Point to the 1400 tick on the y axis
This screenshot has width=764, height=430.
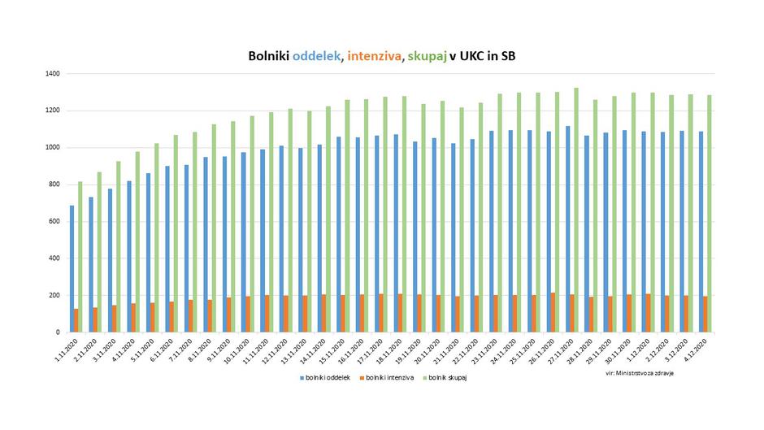(x=52, y=74)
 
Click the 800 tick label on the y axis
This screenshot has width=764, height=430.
(x=54, y=185)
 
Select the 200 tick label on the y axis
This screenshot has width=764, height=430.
(x=54, y=296)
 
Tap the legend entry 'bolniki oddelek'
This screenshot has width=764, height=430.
(x=324, y=379)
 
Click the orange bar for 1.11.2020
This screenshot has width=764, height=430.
(x=76, y=321)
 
